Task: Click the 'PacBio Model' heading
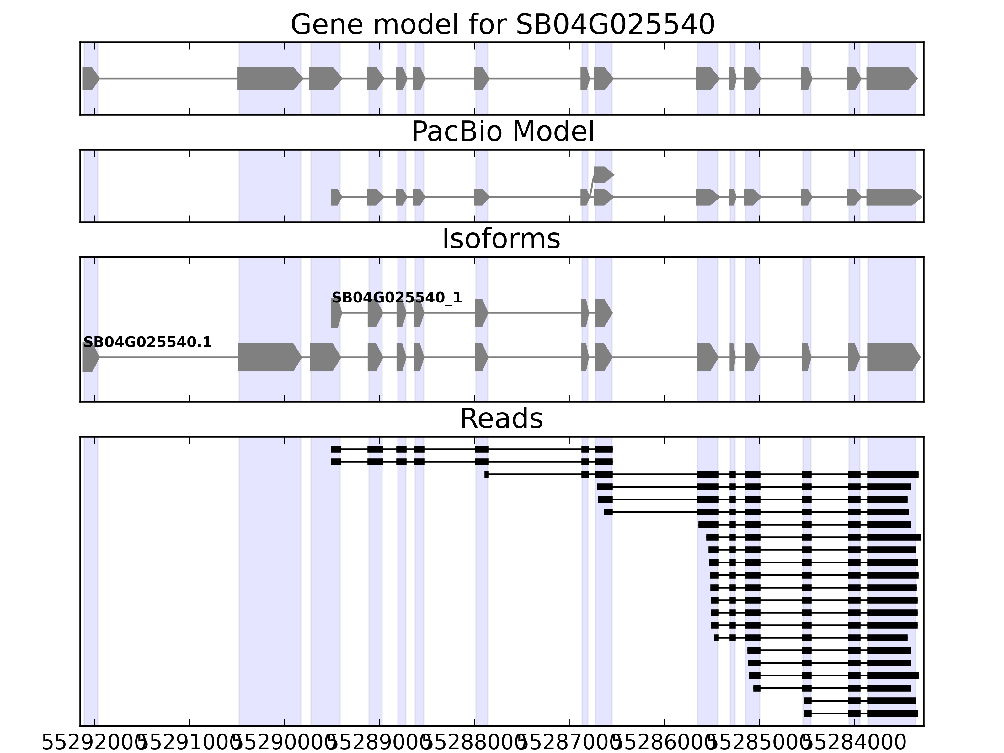[x=502, y=132]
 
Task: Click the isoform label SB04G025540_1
[x=396, y=298]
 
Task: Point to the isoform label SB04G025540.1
[x=147, y=342]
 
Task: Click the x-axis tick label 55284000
[x=854, y=743]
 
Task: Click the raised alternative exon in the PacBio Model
[x=603, y=175]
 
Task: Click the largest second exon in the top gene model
[x=269, y=78]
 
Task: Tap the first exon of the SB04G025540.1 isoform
[x=90, y=357]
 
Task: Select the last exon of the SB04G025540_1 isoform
[x=603, y=313]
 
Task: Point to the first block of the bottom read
[x=808, y=713]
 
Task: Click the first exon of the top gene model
[x=90, y=78]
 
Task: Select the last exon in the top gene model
[x=890, y=78]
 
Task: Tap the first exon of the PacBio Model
[x=335, y=197]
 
